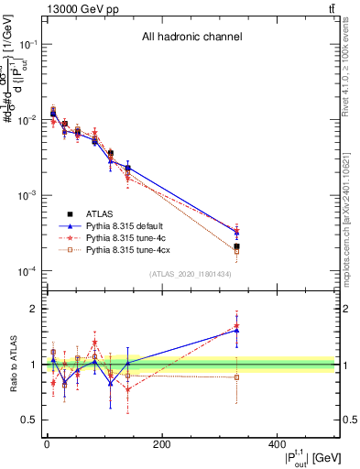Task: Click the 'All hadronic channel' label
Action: click(x=191, y=38)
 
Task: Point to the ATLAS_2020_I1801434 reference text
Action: click(x=191, y=275)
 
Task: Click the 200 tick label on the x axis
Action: click(x=161, y=443)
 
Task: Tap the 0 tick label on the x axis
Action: click(x=47, y=443)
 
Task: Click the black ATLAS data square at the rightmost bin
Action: click(x=236, y=246)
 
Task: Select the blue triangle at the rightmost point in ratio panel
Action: click(x=236, y=331)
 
